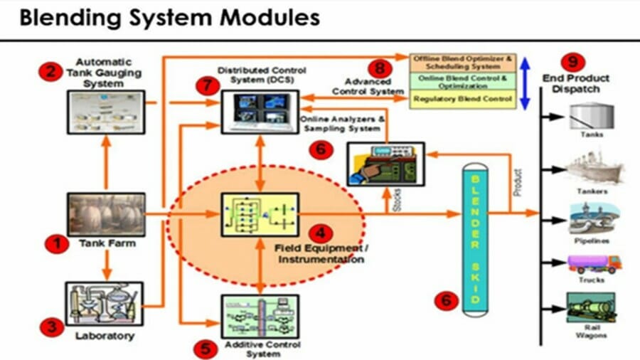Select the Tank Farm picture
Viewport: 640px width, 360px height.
(x=105, y=214)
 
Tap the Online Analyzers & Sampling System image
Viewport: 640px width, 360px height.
(x=385, y=164)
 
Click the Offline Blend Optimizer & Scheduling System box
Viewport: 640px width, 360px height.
(x=463, y=60)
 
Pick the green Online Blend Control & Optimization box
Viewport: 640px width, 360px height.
(x=463, y=80)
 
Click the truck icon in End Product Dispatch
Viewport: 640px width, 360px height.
(x=594, y=264)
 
